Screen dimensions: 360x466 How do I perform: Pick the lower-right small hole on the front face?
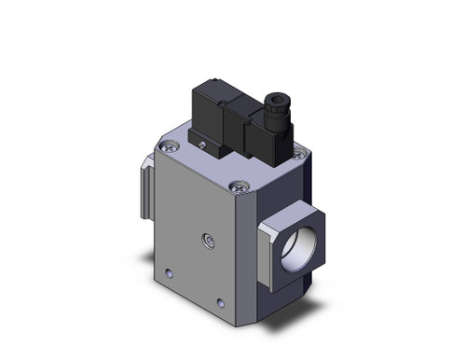click(x=219, y=302)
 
